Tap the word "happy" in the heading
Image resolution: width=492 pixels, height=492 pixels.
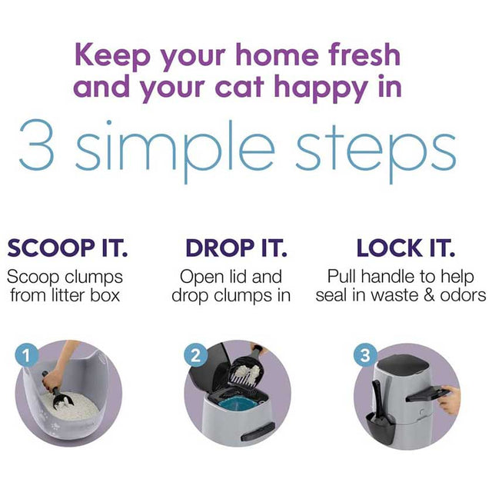[321, 89]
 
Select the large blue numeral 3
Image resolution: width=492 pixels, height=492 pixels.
[37, 145]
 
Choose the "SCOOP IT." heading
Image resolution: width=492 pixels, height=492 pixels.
[68, 248]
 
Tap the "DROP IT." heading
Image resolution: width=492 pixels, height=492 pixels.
[236, 248]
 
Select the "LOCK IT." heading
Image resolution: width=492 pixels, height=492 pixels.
[406, 248]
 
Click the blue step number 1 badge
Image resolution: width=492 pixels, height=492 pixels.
[27, 356]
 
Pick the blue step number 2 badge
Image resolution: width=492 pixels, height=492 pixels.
[196, 355]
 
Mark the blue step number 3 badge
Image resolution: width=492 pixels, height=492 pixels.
[365, 355]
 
